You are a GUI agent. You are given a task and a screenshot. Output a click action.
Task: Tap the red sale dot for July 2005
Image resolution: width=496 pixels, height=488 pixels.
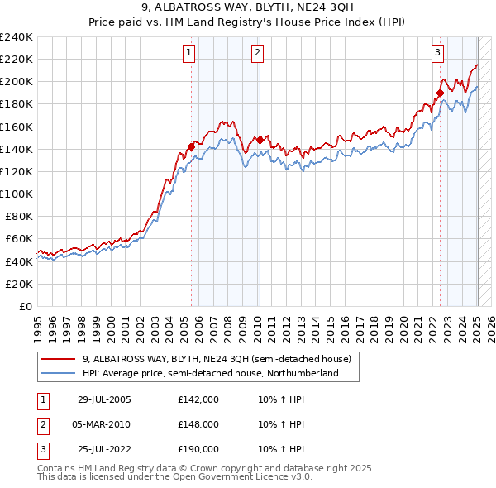pyautogui.click(x=192, y=146)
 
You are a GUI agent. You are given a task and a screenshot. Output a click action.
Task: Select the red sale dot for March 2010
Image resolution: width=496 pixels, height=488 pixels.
pyautogui.click(x=259, y=140)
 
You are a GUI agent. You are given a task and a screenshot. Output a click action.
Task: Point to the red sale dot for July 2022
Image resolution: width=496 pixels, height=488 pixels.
pyautogui.click(x=440, y=93)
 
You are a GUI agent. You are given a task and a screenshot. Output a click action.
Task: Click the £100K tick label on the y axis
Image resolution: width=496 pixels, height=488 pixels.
pyautogui.click(x=17, y=194)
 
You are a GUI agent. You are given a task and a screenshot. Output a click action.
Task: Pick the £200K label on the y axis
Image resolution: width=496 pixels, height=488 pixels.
pyautogui.click(x=17, y=81)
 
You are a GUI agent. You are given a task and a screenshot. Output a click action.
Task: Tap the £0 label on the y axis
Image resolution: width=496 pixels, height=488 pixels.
pyautogui.click(x=25, y=306)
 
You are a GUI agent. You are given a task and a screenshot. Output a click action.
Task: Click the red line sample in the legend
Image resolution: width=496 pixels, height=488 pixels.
pyautogui.click(x=59, y=359)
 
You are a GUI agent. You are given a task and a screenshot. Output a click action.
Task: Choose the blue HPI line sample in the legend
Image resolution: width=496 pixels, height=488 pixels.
pyautogui.click(x=59, y=374)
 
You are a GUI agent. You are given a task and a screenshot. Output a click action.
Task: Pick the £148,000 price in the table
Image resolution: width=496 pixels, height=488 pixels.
pyautogui.click(x=198, y=424)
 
